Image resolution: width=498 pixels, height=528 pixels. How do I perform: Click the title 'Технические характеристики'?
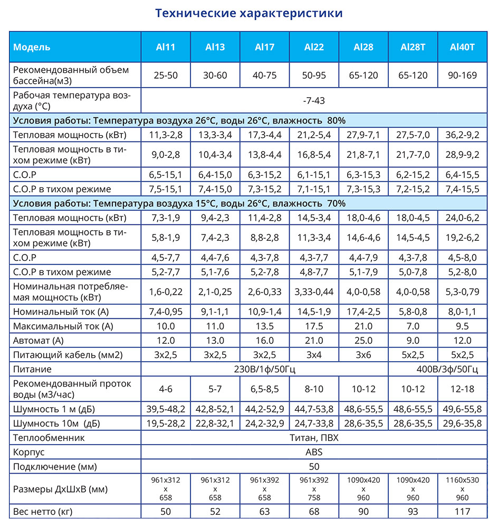[248, 13]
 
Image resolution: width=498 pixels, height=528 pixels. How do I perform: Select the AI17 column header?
[264, 47]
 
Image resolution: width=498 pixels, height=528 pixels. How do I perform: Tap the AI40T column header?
[462, 47]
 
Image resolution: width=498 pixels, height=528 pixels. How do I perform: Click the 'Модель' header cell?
[32, 47]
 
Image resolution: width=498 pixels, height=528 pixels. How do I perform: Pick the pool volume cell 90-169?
[462, 76]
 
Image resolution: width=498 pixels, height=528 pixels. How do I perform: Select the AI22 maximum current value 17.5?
[314, 326]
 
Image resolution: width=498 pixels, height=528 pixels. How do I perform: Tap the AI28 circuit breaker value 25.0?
[363, 341]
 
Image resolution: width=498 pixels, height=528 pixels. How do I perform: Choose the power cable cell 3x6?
[363, 355]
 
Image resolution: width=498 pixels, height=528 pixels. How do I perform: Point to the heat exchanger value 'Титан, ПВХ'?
[314, 438]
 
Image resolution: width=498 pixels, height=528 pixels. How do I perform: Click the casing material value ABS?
[314, 452]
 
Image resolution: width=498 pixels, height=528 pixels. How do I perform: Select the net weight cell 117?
[462, 511]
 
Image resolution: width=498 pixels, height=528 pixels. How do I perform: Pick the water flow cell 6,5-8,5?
[264, 389]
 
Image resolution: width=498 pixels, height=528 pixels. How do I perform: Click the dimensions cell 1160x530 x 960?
[462, 489]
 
